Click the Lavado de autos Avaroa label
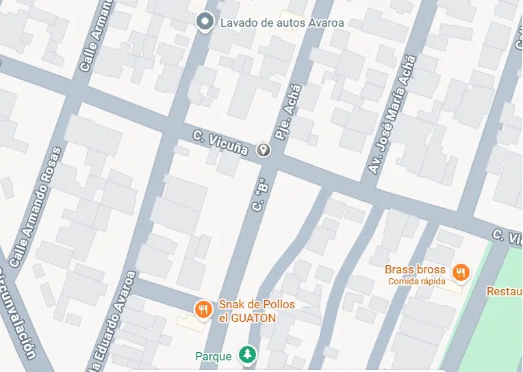pos(281,23)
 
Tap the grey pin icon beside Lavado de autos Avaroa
pos(204,23)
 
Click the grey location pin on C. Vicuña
pos(264,150)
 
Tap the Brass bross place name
pos(415,269)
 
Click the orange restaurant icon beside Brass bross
pos(462,272)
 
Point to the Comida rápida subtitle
pos(416,282)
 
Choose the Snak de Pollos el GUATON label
pos(247,311)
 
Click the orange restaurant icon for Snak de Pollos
pos(203,310)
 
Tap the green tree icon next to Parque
pos(247,355)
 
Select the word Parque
pos(214,356)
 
